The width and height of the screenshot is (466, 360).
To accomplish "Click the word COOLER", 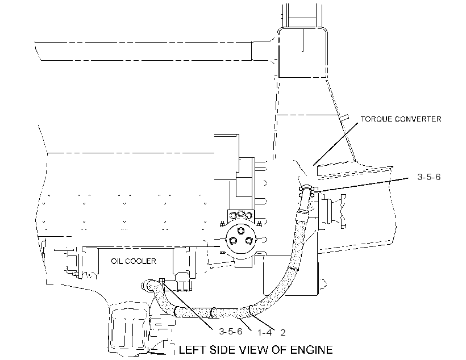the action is pyautogui.click(x=140, y=261).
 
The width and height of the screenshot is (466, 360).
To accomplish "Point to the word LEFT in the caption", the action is pyautogui.click(x=192, y=350).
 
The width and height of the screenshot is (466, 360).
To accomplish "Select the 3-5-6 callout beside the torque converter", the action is pyautogui.click(x=429, y=177).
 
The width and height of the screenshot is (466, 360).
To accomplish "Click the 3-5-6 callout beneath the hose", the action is pyautogui.click(x=231, y=331).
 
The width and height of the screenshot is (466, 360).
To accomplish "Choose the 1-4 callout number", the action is pyautogui.click(x=264, y=332).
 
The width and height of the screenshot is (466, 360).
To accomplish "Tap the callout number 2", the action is pyautogui.click(x=283, y=333).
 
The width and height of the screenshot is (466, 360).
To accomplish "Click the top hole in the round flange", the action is pyautogui.click(x=240, y=231).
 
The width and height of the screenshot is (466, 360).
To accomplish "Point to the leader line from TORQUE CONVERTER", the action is pyautogui.click(x=335, y=144).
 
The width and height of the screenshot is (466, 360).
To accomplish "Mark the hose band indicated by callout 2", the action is pyautogui.click(x=251, y=311).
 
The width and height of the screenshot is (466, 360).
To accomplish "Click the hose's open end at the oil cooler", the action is pyautogui.click(x=145, y=286).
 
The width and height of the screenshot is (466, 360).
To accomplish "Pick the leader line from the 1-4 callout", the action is pyautogui.click(x=247, y=324).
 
